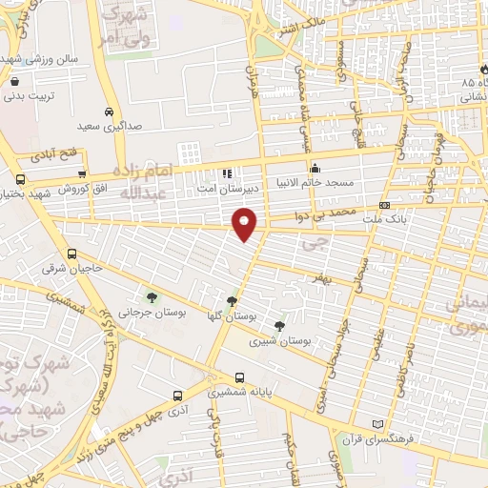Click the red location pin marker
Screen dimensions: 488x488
(x=246, y=222)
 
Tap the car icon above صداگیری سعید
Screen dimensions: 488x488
(x=111, y=111)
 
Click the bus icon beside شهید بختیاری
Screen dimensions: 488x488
(x=21, y=178)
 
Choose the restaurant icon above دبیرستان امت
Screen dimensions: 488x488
(x=227, y=174)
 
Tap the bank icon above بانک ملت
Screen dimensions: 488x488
(x=384, y=205)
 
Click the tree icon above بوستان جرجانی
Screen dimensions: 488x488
(x=150, y=299)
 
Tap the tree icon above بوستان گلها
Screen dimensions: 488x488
(x=233, y=302)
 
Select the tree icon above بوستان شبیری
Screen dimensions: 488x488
(x=278, y=326)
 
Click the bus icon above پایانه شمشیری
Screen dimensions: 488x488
(x=239, y=376)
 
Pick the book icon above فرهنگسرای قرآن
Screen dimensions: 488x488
(x=378, y=423)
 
